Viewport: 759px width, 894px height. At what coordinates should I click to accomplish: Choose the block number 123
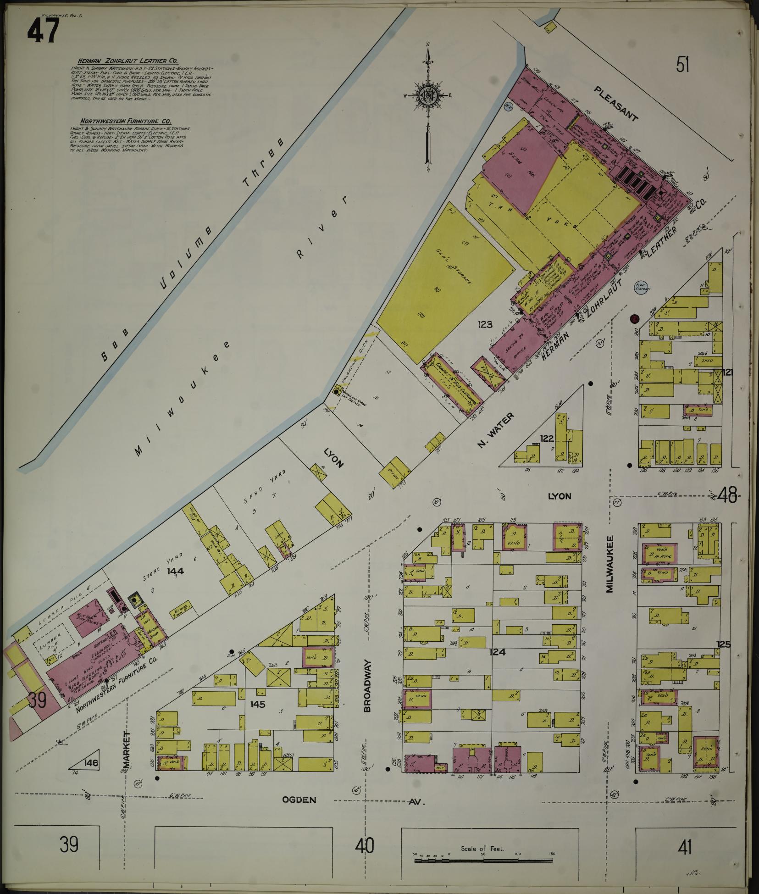pos(484,325)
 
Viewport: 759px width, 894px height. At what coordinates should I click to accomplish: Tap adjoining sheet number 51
pos(682,65)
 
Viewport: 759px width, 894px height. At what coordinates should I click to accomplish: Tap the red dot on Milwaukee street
pos(635,318)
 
